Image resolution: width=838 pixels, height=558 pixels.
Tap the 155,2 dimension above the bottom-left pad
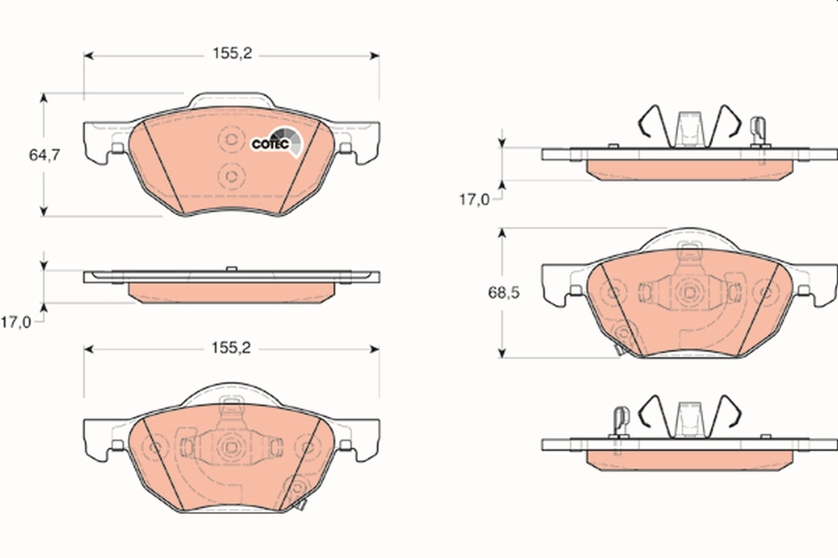point(231,348)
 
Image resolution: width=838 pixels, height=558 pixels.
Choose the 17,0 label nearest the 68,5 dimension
point(473,199)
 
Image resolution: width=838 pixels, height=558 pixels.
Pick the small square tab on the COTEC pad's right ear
point(344,148)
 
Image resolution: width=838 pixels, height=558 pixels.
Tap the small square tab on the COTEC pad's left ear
point(117,148)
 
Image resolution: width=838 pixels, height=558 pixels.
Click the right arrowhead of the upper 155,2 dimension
point(375,54)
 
